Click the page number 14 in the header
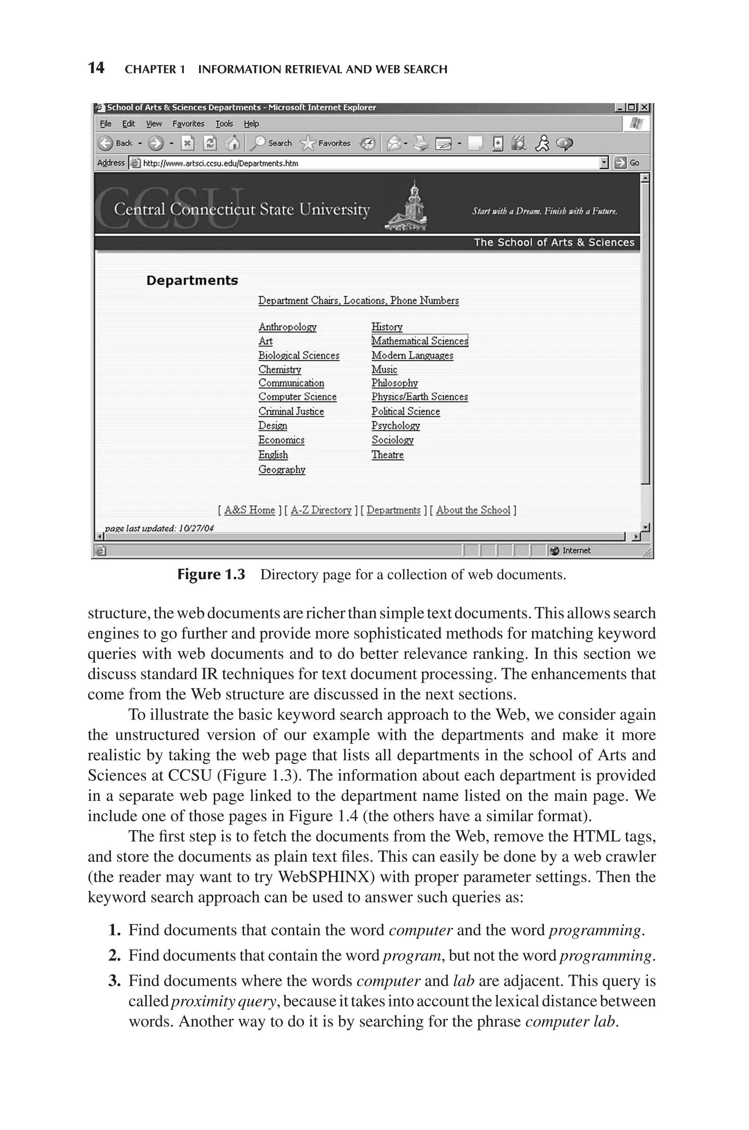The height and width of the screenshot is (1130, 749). pyautogui.click(x=96, y=68)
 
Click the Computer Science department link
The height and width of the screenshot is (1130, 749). pyautogui.click(x=297, y=397)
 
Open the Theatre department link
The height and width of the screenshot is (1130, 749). pyautogui.click(x=387, y=455)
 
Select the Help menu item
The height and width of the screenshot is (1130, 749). pyautogui.click(x=251, y=124)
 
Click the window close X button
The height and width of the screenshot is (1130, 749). pyautogui.click(x=644, y=108)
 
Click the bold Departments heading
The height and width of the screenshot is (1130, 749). pyautogui.click(x=192, y=281)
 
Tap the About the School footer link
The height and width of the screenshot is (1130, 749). pyautogui.click(x=473, y=510)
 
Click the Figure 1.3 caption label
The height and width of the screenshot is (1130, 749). pyautogui.click(x=211, y=575)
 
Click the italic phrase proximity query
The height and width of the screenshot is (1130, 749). pyautogui.click(x=223, y=1001)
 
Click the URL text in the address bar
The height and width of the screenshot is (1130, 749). pyautogui.click(x=221, y=163)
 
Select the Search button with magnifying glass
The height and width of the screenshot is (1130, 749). pyautogui.click(x=273, y=143)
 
